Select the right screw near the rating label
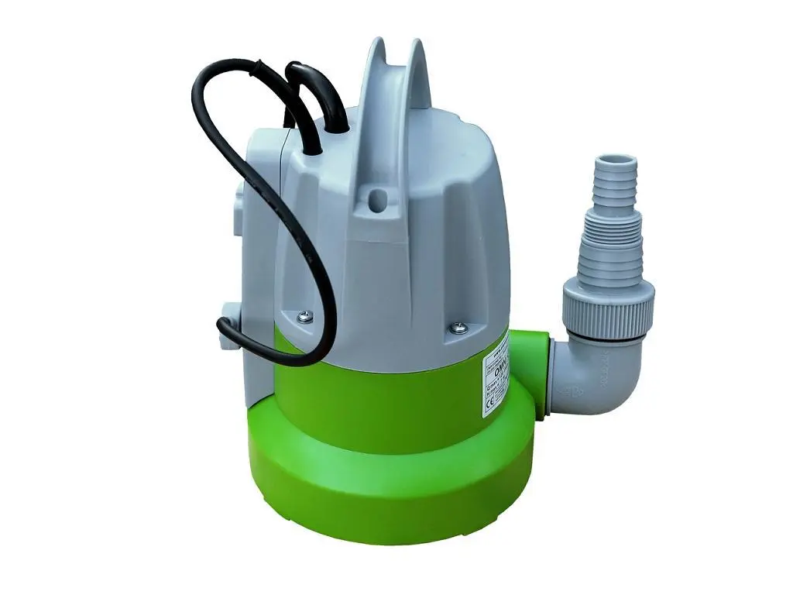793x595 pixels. click(x=455, y=328)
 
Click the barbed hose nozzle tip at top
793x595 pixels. click(x=613, y=167)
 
